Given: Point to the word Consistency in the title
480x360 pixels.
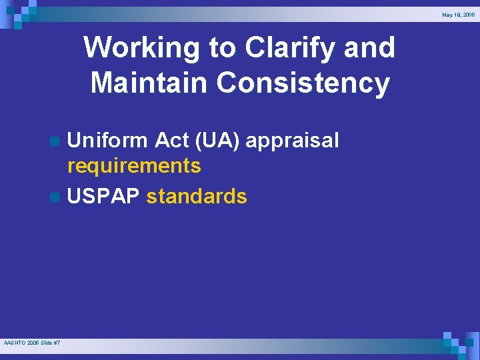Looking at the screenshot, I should click(x=303, y=83).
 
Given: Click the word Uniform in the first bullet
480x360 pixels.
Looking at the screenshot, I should click(x=108, y=141).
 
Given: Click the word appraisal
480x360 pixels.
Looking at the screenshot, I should click(x=293, y=141).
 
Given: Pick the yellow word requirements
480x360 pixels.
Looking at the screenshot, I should click(x=134, y=165).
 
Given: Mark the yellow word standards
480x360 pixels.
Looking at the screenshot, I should click(x=197, y=197).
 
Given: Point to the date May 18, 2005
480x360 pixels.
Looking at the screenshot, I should click(x=458, y=14).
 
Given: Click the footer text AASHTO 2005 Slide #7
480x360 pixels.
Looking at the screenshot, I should click(x=32, y=343).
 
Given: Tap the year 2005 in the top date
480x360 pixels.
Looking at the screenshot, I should click(x=469, y=14).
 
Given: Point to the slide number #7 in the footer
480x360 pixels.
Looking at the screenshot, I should click(x=57, y=343).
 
